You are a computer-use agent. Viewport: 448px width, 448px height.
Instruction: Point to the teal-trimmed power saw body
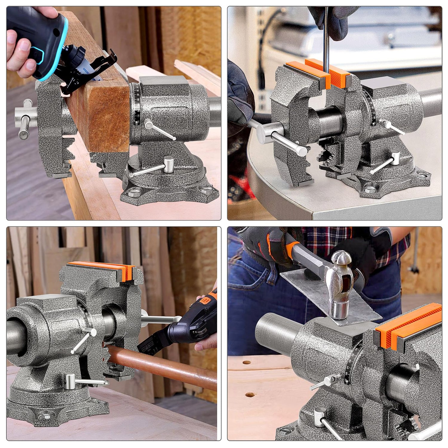[x=36, y=33]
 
